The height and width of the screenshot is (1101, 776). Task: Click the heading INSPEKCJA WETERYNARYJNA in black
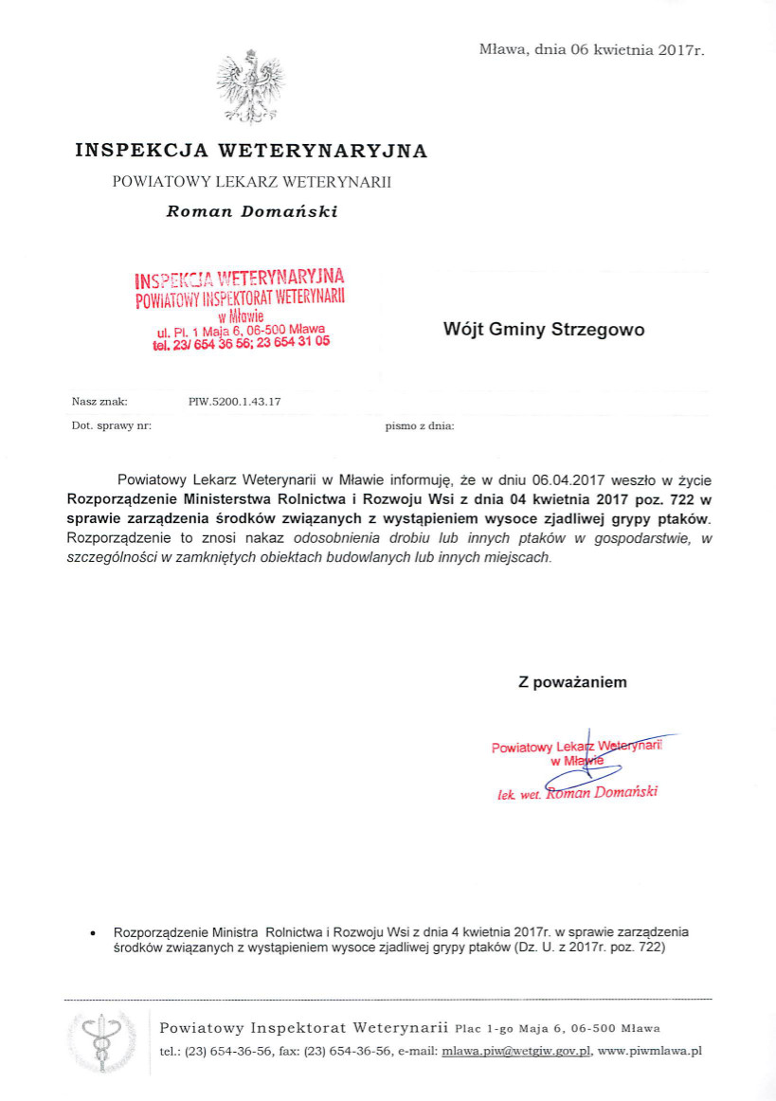click(251, 151)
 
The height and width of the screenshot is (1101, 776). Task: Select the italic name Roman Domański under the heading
click(252, 211)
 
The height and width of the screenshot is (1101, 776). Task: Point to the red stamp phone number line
click(241, 344)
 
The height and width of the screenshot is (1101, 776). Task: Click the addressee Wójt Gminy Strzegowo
click(544, 330)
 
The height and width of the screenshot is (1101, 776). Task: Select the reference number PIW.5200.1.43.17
click(235, 402)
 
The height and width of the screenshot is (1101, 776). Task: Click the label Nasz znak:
click(99, 402)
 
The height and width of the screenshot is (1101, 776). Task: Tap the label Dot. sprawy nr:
click(112, 426)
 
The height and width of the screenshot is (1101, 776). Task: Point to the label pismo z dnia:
click(420, 426)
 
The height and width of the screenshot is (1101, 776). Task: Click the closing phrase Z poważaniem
click(572, 681)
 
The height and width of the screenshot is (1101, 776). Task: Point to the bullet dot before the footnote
click(91, 932)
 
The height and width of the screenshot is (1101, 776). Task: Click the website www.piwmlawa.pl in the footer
click(650, 1051)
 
